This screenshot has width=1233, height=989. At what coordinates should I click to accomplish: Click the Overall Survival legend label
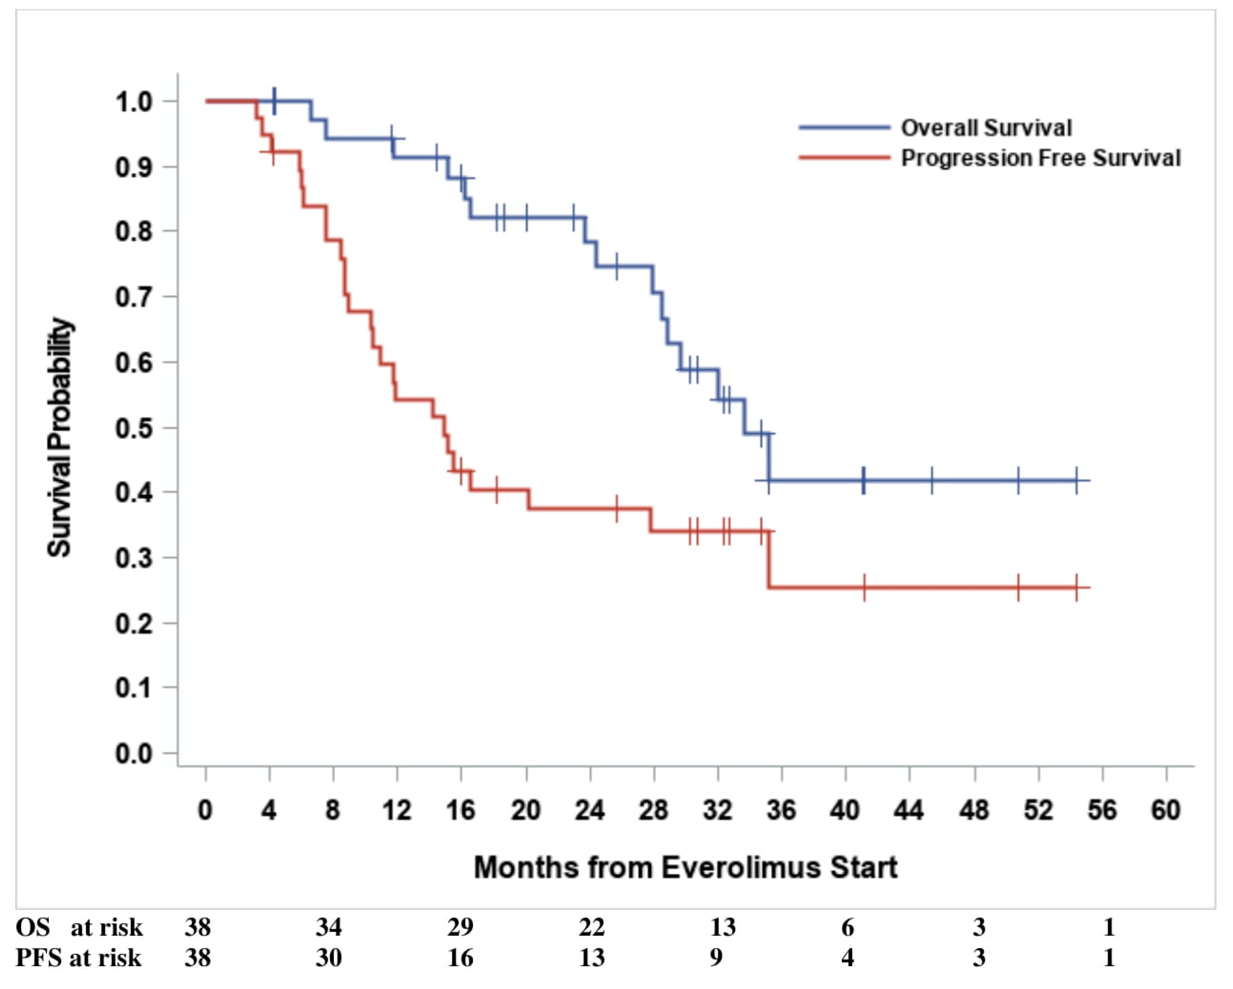986,128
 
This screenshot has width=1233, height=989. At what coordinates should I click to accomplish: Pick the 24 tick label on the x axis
590,811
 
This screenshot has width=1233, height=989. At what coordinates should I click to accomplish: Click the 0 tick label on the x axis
205,811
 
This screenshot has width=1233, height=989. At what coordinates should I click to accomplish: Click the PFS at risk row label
78,958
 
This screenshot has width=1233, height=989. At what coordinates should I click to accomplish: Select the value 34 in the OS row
329,927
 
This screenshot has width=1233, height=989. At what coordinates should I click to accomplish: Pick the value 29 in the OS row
460,927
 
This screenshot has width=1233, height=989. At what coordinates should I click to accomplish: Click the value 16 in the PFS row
460,958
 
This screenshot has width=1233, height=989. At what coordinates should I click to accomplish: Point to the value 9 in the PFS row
716,958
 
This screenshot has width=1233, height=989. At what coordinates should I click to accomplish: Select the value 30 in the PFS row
329,958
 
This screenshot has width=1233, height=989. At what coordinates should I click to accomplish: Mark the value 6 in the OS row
848,927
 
